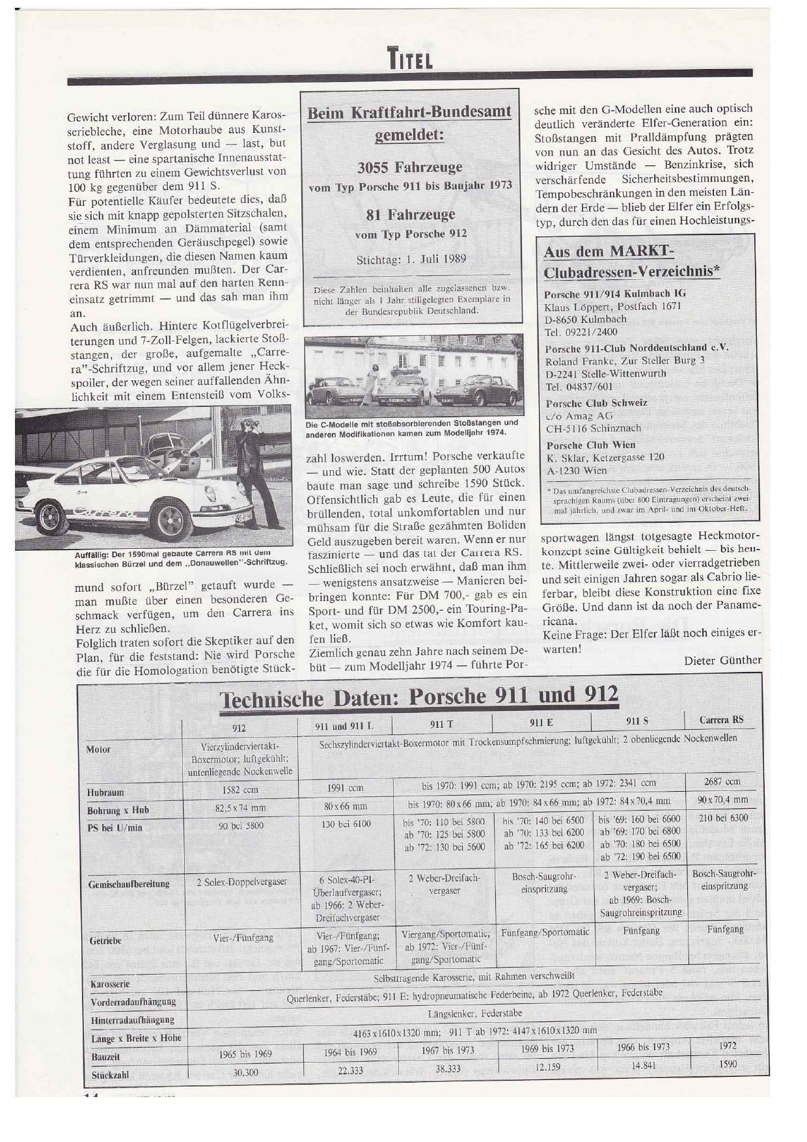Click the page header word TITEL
(x=410, y=60)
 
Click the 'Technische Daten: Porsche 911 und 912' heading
(x=419, y=696)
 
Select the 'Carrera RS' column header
(x=721, y=719)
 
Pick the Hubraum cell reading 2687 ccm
(x=722, y=781)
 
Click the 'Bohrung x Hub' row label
(x=118, y=811)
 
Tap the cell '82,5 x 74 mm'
(x=240, y=808)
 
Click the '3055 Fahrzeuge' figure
(x=410, y=167)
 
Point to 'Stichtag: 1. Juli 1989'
(x=411, y=258)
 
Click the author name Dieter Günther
(x=722, y=660)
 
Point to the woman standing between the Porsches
(x=374, y=385)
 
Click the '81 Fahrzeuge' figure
(x=410, y=214)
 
